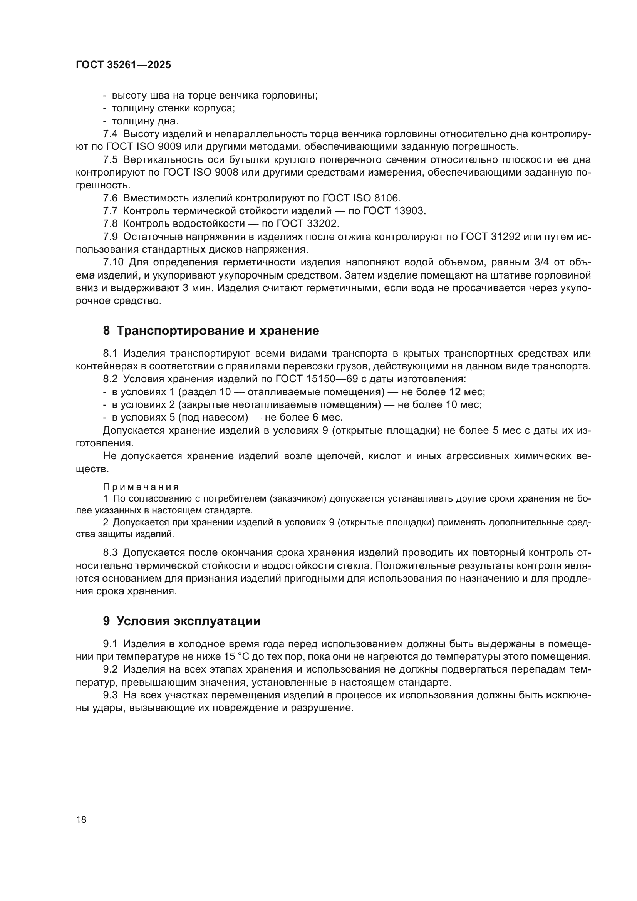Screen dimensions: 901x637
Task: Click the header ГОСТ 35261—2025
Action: tap(123, 65)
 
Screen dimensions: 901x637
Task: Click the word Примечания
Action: tap(141, 487)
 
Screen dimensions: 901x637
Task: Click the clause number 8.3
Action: tap(110, 552)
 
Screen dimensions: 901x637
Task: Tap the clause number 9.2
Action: tap(110, 669)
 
